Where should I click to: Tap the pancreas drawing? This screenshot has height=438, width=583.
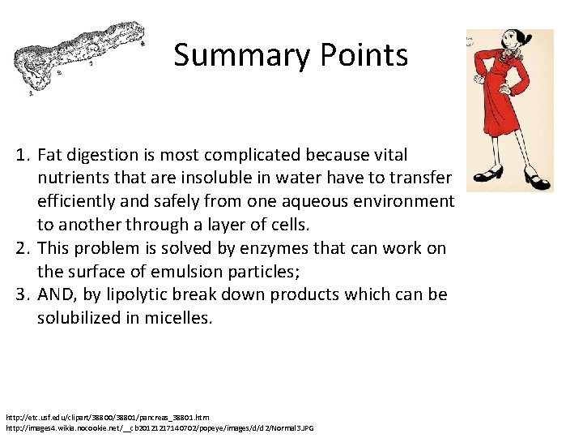(78, 58)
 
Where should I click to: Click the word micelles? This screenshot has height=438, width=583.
(178, 318)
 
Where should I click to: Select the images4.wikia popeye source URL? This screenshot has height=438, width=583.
(160, 427)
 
